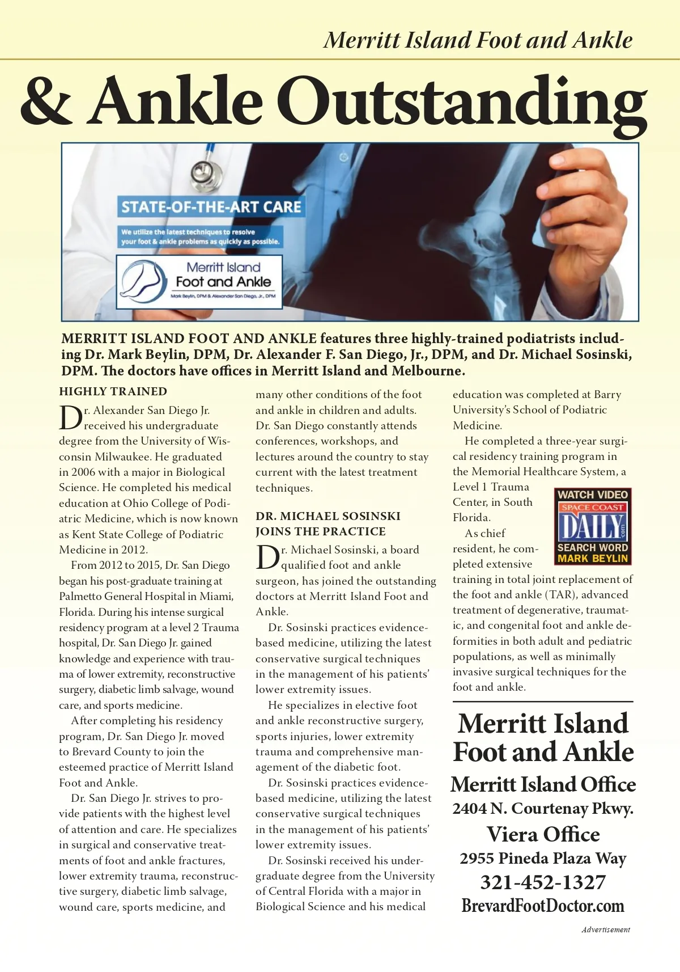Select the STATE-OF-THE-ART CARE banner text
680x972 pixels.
(211, 206)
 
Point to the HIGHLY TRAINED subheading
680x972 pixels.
(113, 391)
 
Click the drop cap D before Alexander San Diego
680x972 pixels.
(70, 418)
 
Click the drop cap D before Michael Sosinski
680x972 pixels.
(267, 557)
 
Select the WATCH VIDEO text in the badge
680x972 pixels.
(593, 495)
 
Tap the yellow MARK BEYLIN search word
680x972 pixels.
(593, 559)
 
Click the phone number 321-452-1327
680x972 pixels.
(543, 882)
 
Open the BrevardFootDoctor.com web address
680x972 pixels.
(543, 906)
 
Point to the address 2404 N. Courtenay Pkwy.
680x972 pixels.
(543, 809)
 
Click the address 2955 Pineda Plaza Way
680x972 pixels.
(543, 859)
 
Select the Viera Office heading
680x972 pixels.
(543, 834)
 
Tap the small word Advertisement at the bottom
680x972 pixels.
(605, 929)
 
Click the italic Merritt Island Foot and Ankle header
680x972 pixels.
(478, 40)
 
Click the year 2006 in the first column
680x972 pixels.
(83, 472)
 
